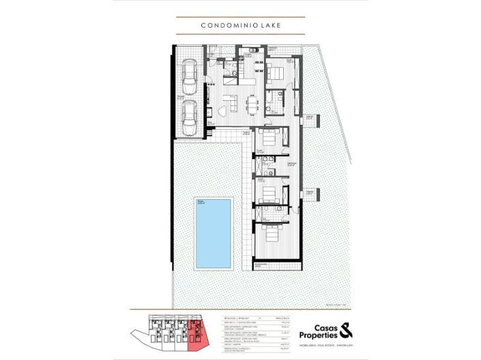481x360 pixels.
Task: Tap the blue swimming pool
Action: [x=214, y=232]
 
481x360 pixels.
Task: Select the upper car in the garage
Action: [x=189, y=76]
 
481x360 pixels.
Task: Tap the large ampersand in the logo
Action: [x=346, y=331]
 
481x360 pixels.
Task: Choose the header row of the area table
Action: [x=252, y=318]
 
